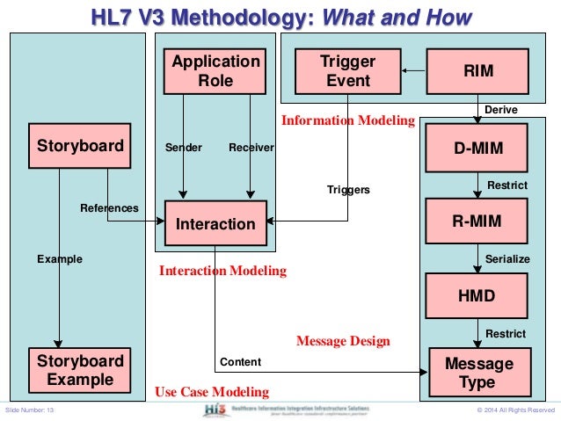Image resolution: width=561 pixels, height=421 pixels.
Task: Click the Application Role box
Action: tap(215, 70)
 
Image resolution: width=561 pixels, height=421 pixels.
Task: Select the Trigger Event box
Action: tap(347, 71)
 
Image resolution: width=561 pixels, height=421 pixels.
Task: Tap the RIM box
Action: tap(478, 71)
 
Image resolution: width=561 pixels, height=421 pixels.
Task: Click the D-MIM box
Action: tap(478, 148)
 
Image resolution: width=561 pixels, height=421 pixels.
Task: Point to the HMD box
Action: tap(478, 296)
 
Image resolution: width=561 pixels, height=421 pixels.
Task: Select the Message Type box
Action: tap(478, 372)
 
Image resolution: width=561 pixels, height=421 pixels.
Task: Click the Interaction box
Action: tap(215, 223)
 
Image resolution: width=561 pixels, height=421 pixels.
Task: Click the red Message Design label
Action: tap(343, 340)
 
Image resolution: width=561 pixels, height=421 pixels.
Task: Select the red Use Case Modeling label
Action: tap(211, 391)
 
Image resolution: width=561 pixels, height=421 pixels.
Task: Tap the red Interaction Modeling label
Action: tap(222, 272)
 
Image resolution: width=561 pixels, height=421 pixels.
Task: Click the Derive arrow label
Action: tap(502, 110)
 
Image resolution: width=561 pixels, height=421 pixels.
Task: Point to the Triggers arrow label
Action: tap(348, 189)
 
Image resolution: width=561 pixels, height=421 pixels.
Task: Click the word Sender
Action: tap(184, 148)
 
